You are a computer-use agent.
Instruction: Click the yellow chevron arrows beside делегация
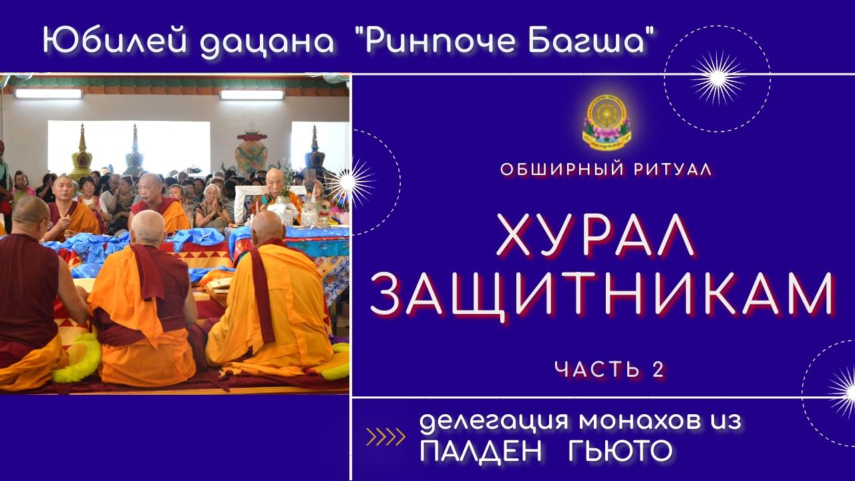[386, 438]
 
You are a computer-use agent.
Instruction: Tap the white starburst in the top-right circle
[717, 78]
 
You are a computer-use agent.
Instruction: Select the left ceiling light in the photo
[48, 94]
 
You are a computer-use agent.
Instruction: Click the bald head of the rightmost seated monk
[267, 227]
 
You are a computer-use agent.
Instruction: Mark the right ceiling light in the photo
[252, 95]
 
